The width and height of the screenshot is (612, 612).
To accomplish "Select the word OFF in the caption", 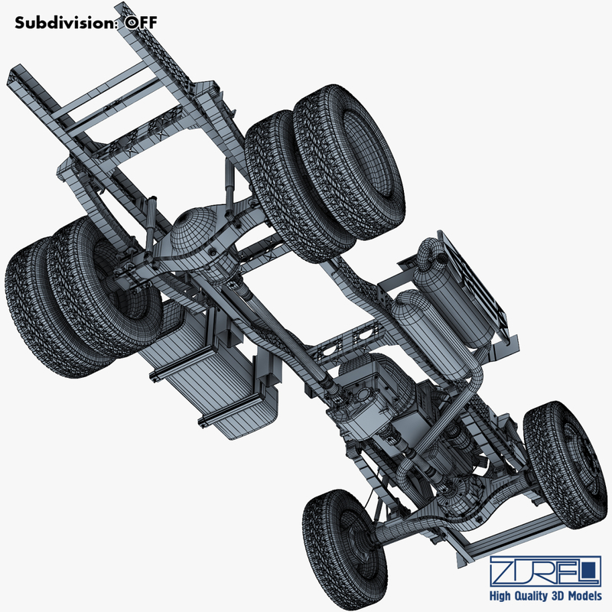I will [142, 22].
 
